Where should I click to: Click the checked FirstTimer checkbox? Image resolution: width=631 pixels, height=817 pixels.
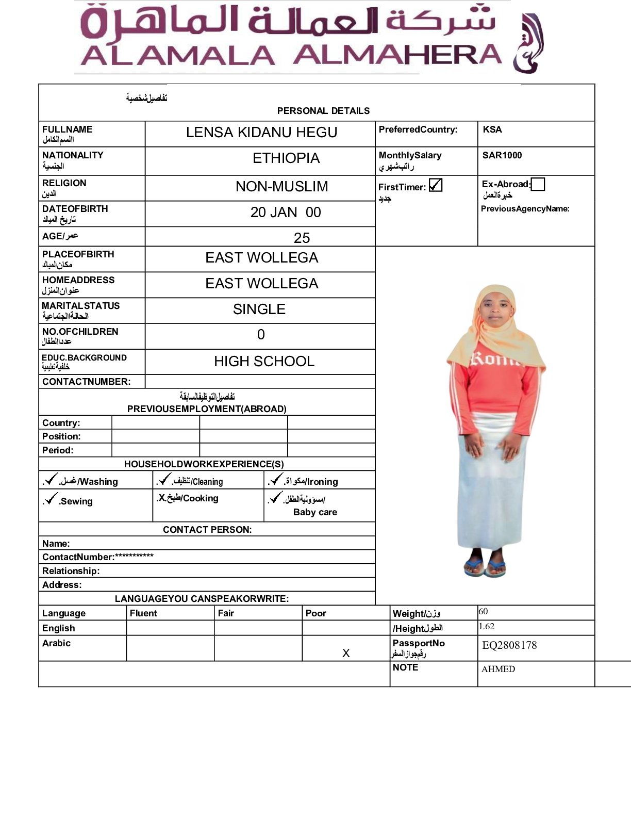tap(436, 185)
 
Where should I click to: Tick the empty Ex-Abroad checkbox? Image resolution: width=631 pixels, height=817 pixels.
tap(538, 184)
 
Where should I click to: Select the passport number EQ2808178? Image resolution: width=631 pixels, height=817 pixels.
tap(509, 645)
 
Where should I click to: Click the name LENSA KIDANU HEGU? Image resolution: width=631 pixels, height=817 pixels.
tap(261, 133)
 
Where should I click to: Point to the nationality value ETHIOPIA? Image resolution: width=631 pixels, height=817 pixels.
tap(286, 158)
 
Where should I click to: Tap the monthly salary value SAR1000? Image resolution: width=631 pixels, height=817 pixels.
tap(502, 155)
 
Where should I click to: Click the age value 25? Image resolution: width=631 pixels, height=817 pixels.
tap(302, 238)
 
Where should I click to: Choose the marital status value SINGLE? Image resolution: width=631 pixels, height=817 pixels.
tap(259, 309)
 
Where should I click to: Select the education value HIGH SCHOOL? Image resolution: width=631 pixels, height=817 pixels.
tap(264, 361)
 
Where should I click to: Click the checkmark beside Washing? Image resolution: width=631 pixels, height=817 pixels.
tap(51, 480)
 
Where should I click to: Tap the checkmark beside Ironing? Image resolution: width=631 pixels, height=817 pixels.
tap(276, 480)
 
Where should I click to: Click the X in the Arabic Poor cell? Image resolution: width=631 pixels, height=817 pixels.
tap(346, 653)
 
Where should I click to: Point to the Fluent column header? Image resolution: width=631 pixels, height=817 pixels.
tap(143, 613)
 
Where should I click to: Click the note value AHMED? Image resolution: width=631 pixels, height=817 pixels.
tap(498, 669)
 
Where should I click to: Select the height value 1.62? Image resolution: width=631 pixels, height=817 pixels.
tap(487, 627)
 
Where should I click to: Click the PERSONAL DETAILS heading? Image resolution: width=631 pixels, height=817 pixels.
tap(323, 111)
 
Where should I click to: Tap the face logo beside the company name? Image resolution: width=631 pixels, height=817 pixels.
tap(528, 44)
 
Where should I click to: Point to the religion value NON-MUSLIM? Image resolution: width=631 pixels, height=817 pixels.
tap(281, 187)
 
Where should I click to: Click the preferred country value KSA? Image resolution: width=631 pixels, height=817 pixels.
tap(492, 129)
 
